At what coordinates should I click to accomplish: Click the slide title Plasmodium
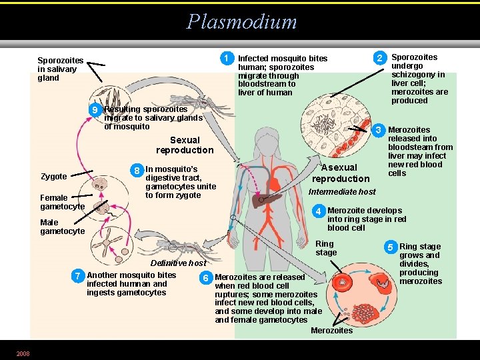(241, 21)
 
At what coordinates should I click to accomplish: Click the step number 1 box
(227, 59)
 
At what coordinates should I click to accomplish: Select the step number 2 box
(379, 59)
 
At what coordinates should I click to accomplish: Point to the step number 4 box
(319, 211)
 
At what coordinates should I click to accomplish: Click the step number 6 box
(207, 277)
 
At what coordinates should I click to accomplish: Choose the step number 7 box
(79, 275)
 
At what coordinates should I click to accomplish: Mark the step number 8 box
(137, 171)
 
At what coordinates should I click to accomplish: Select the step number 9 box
(96, 110)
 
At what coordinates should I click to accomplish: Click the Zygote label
(54, 177)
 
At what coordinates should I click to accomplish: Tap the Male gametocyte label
(63, 227)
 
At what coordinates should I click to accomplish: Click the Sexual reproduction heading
(185, 145)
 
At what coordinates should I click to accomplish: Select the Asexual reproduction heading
(341, 173)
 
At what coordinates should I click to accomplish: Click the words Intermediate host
(343, 192)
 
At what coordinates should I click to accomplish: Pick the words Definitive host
(178, 263)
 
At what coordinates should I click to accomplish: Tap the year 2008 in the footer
(23, 353)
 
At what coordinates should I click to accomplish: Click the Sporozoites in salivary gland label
(57, 69)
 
